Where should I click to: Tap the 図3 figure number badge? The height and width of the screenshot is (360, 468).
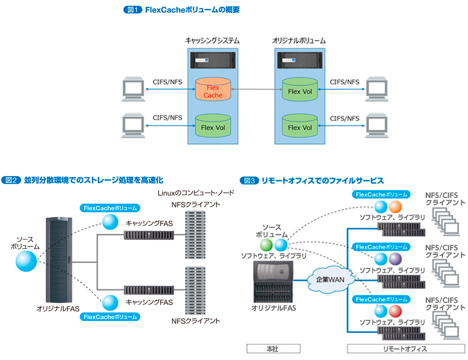pyautogui.click(x=249, y=181)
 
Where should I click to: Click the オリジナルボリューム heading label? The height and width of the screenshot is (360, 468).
pyautogui.click(x=300, y=41)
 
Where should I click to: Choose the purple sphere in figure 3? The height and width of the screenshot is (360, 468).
pyautogui.click(x=396, y=259)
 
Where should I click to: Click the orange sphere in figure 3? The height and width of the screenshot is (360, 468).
pyautogui.click(x=396, y=207)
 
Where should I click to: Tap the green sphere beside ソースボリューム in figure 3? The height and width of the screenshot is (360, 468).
pyautogui.click(x=267, y=244)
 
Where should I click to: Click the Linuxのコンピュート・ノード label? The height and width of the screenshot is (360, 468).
pyautogui.click(x=196, y=193)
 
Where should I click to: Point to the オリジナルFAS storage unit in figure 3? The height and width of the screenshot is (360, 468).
pyautogui.click(x=272, y=281)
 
